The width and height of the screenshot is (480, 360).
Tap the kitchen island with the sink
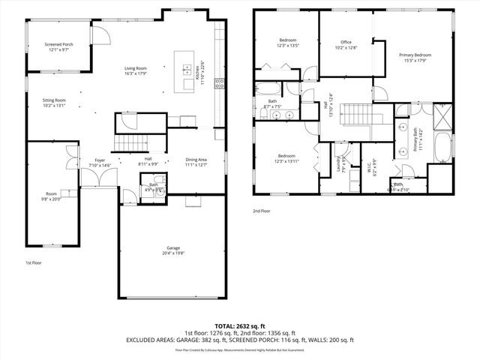click(x=184, y=72)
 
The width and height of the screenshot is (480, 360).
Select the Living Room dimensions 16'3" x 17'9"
click(x=136, y=73)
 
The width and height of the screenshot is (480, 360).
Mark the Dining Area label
click(x=196, y=160)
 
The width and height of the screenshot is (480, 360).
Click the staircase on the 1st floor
click(x=128, y=142)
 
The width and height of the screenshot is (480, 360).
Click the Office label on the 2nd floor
click(x=346, y=42)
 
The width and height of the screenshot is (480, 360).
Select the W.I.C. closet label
click(x=367, y=160)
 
